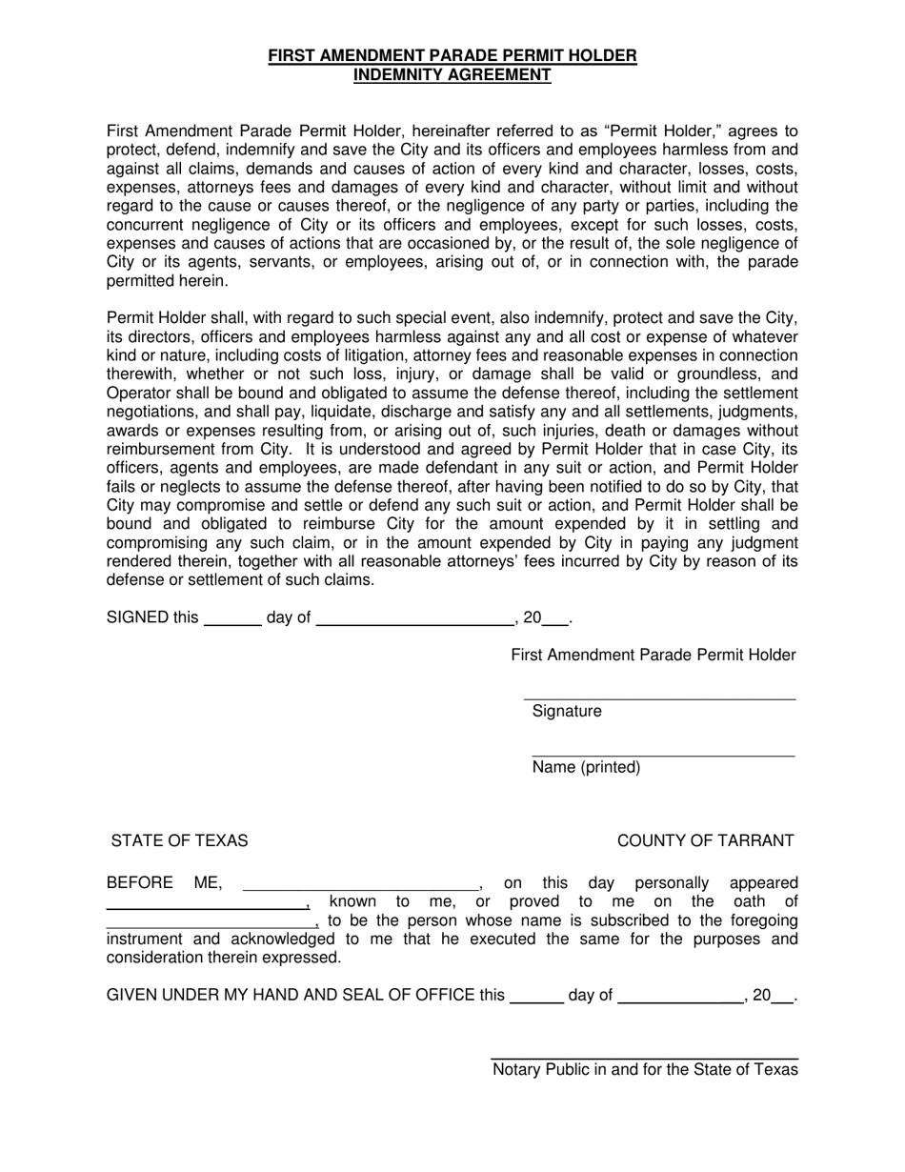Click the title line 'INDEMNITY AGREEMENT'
(x=452, y=75)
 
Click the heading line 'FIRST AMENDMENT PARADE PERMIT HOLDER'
(x=452, y=56)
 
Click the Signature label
(x=567, y=712)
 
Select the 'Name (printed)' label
(x=586, y=768)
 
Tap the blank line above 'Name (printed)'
(x=662, y=755)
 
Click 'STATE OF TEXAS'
(x=179, y=841)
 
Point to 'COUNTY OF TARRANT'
(x=705, y=841)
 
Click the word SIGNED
(x=137, y=618)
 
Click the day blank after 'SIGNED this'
(x=233, y=623)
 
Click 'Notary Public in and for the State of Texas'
(x=645, y=1070)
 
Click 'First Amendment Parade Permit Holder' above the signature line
(x=654, y=656)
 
